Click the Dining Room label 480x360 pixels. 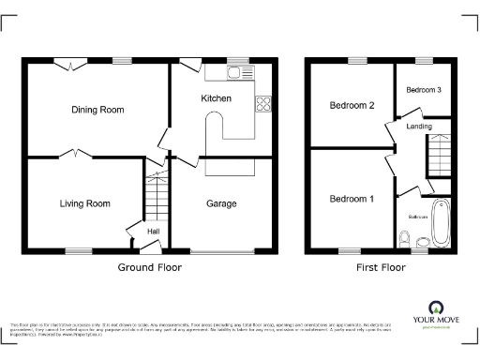click(97, 110)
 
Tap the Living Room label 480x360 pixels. click(85, 203)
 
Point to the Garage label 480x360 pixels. click(221, 203)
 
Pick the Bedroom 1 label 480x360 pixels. click(352, 199)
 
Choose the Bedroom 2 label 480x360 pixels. click(352, 106)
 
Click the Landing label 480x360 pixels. click(419, 127)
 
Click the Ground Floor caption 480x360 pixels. click(149, 267)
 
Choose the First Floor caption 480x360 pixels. click(381, 267)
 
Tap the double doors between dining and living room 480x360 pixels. click(73, 155)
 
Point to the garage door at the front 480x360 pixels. click(221, 252)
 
